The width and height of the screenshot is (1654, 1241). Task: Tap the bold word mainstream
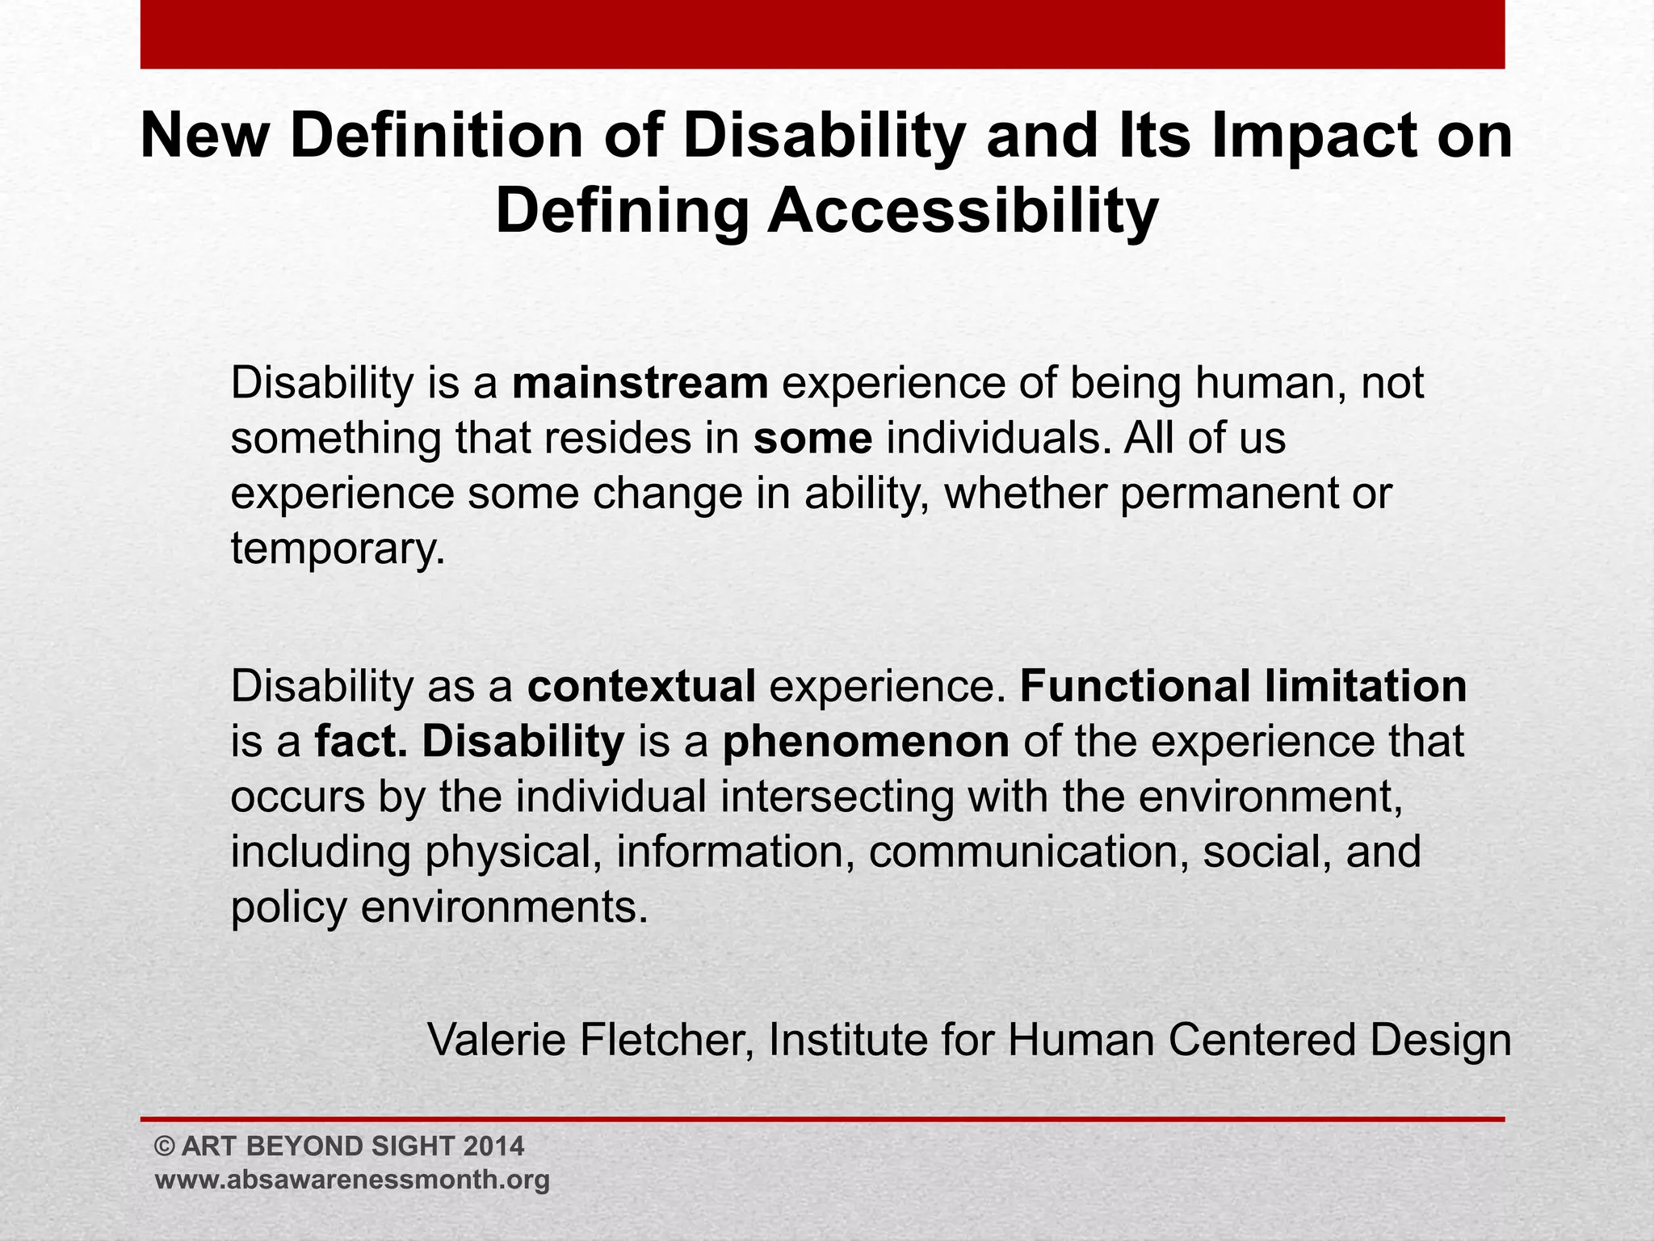[640, 383]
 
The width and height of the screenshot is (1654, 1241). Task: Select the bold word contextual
[642, 686]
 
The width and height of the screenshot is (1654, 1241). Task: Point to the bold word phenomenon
[866, 742]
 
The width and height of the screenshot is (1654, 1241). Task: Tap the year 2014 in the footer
[495, 1146]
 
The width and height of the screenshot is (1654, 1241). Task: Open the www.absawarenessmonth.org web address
[352, 1179]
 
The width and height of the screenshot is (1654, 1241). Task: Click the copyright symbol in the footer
[165, 1146]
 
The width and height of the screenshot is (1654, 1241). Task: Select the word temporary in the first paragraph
[338, 549]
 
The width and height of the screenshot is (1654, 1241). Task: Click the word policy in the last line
[288, 907]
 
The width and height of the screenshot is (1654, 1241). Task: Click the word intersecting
[837, 797]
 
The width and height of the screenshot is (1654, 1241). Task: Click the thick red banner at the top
[822, 34]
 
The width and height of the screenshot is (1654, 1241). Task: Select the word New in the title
[203, 136]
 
